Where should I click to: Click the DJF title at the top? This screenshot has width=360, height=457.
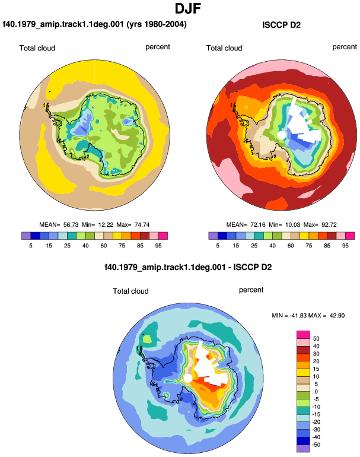pos(188,8)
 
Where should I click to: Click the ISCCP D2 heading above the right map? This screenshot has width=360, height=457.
pos(281,25)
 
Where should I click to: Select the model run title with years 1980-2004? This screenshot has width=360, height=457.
pos(95,24)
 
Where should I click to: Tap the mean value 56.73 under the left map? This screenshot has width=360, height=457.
pos(71,225)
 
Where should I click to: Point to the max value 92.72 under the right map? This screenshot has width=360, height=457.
pos(329,225)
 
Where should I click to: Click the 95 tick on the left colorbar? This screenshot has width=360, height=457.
pos(158,246)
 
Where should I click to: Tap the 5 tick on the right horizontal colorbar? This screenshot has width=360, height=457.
pos(218,246)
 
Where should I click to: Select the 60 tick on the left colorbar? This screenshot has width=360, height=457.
pos(103,246)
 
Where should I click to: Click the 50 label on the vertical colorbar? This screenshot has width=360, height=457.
pos(316,339)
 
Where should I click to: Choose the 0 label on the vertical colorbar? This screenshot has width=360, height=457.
pos(316,392)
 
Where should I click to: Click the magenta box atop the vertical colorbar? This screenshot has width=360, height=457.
pos(303,335)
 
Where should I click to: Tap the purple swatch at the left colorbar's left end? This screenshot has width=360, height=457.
pos(26,236)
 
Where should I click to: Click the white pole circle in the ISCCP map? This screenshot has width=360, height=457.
pos(281,135)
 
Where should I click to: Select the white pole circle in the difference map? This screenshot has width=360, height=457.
pos(188,378)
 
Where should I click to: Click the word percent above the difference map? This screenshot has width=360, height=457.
pos(251,290)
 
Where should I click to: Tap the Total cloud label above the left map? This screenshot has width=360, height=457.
pos(37,48)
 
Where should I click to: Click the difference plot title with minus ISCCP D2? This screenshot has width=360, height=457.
pos(188,267)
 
